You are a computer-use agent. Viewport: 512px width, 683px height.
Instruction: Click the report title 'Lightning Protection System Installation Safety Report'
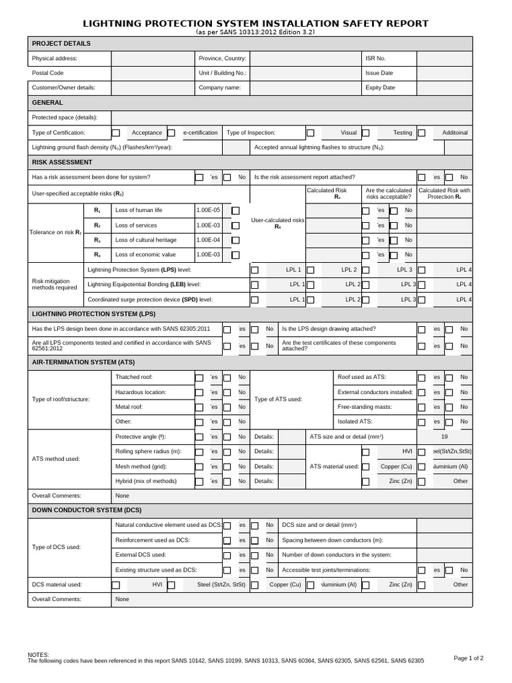(255, 24)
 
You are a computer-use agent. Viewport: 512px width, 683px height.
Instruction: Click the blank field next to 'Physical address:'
(152, 59)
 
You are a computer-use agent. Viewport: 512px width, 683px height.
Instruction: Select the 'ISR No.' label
(375, 59)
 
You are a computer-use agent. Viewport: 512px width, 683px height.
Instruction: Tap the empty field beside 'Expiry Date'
(444, 87)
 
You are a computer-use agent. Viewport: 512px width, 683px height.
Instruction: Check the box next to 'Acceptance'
(116, 133)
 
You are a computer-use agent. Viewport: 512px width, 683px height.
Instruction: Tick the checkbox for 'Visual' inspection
(311, 133)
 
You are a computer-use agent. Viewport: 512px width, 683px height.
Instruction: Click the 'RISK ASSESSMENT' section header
(62, 162)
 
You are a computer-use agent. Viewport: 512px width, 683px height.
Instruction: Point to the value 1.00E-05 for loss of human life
(208, 210)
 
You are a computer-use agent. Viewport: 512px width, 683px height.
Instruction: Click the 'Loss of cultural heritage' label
(146, 239)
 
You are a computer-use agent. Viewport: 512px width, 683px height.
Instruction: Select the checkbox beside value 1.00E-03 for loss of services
(235, 225)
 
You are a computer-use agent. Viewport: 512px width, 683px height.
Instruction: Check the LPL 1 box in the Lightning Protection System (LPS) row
(255, 270)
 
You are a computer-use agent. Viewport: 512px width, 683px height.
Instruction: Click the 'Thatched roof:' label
(134, 378)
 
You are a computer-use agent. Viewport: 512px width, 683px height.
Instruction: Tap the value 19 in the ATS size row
(445, 436)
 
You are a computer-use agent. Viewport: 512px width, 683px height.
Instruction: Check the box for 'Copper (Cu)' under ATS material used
(365, 467)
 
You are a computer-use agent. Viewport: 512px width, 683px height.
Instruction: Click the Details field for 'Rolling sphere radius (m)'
(291, 452)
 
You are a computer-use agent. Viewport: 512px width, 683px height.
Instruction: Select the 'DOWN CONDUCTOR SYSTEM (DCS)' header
(87, 510)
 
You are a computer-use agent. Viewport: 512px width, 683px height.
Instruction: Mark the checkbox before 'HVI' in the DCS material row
(116, 585)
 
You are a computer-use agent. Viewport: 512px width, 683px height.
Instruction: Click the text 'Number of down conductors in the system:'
(337, 555)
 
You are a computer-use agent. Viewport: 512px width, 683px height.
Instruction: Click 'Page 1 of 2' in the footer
(468, 658)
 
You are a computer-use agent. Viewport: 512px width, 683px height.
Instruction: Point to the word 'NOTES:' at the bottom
(38, 655)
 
